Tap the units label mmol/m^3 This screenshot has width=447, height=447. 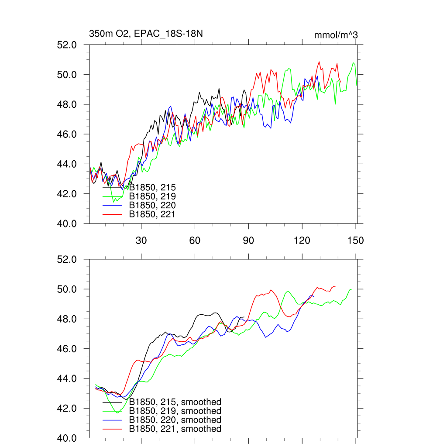tap(336, 35)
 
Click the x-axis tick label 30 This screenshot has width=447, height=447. tap(141, 241)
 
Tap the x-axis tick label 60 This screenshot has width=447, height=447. tap(195, 241)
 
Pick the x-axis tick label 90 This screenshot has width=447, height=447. tap(248, 241)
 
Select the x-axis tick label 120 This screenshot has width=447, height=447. tap(302, 241)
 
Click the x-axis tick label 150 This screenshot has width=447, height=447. tap(356, 241)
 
